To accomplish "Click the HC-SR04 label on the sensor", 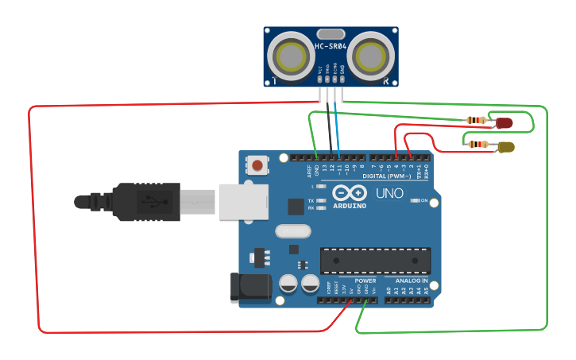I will click(331, 46).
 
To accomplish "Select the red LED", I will click(504, 122).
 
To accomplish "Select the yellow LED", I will click(505, 146).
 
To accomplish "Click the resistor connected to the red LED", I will click(477, 120).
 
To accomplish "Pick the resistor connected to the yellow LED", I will click(477, 144).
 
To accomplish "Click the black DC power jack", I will click(248, 288).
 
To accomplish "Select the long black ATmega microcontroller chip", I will click(375, 261).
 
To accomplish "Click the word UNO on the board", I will click(390, 193).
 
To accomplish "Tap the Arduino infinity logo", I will click(350, 193).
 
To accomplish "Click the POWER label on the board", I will click(365, 281).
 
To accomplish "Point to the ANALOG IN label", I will click(412, 281).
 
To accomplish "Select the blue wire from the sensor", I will click(337, 127).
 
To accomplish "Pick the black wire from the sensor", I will click(329, 127).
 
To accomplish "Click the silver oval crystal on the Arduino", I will click(293, 231).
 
